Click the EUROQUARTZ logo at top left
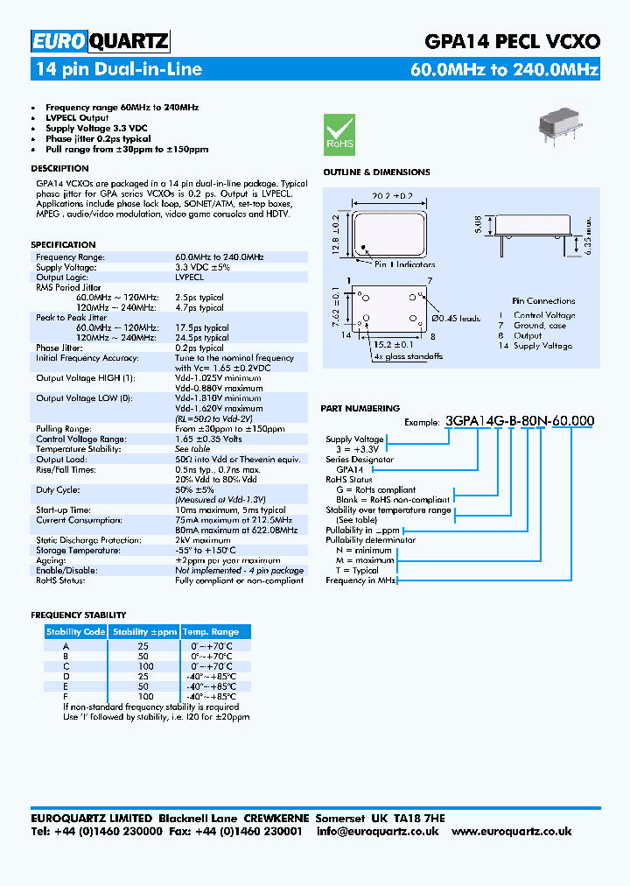tap(100, 40)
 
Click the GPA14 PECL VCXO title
tap(512, 41)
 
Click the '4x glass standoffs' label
tap(407, 356)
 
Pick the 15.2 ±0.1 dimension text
tap(390, 344)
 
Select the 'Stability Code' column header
tap(76, 631)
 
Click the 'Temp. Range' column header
tap(210, 631)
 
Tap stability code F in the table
tap(66, 696)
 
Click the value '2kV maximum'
tap(203, 540)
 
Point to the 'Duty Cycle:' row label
tap(58, 489)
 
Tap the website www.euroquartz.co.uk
tap(511, 831)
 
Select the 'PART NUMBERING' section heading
tap(360, 408)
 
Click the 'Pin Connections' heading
tap(543, 300)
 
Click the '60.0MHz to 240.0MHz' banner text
tap(504, 70)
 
